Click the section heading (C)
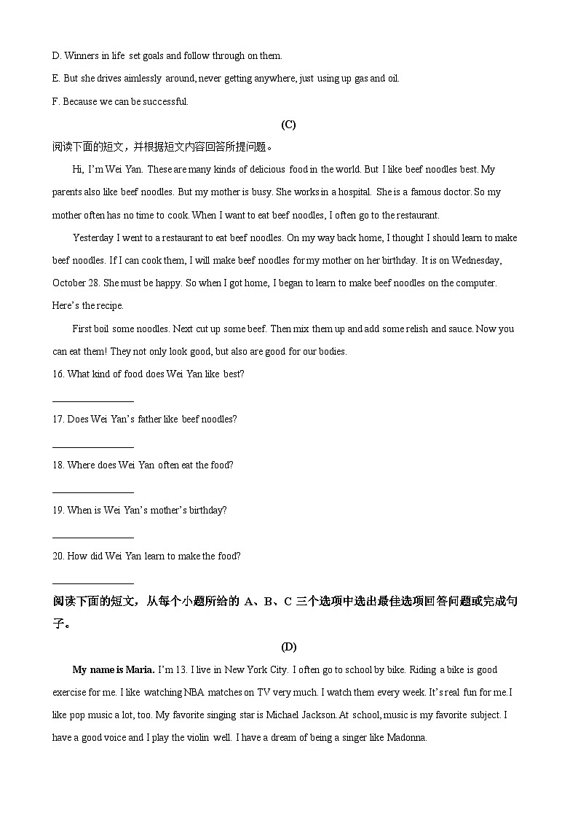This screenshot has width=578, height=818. pos(288,125)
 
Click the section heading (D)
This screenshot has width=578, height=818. pos(288,647)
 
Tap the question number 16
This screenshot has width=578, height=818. pos(58,374)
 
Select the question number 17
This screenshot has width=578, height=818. pos(58,420)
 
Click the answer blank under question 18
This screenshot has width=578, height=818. pos(93,492)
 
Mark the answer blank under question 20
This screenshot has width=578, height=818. pos(93,583)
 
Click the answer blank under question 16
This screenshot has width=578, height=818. pos(93,401)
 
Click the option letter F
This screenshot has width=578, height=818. pos(55,102)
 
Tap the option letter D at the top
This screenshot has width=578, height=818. pos(56,56)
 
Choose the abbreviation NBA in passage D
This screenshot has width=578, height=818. pos(194,693)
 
